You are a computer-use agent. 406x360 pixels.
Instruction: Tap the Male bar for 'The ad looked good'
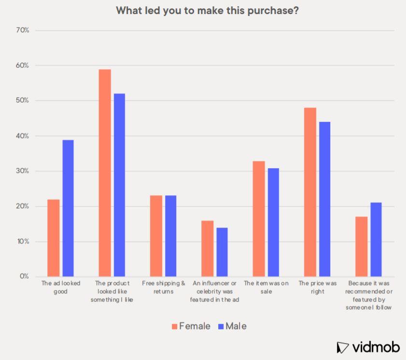point(68,208)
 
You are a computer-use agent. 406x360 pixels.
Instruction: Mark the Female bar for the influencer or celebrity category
point(207,248)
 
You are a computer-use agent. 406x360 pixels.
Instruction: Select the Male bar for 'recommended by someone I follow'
point(376,240)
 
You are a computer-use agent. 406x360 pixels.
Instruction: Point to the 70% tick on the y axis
point(23,30)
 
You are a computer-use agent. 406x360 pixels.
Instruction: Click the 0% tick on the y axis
point(25,276)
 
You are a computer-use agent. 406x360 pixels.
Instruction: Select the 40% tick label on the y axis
point(23,136)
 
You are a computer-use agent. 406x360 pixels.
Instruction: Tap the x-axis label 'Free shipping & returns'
point(164,287)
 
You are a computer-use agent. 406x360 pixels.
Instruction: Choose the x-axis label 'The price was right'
point(317,287)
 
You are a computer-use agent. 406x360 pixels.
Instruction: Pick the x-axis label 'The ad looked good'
point(61,287)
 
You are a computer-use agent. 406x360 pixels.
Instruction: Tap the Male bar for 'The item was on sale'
point(273,222)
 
